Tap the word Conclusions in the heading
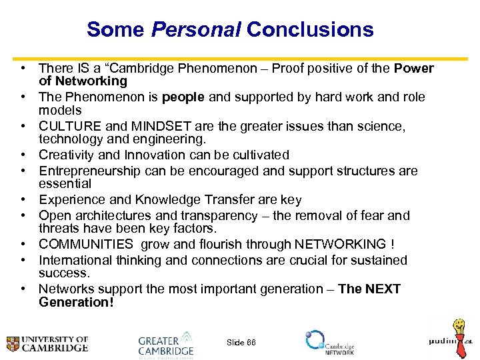click(x=310, y=29)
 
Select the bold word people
click(x=184, y=97)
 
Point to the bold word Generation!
click(x=76, y=302)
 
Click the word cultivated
click(x=258, y=155)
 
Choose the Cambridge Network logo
click(x=330, y=342)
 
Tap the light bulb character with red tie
click(x=459, y=337)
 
